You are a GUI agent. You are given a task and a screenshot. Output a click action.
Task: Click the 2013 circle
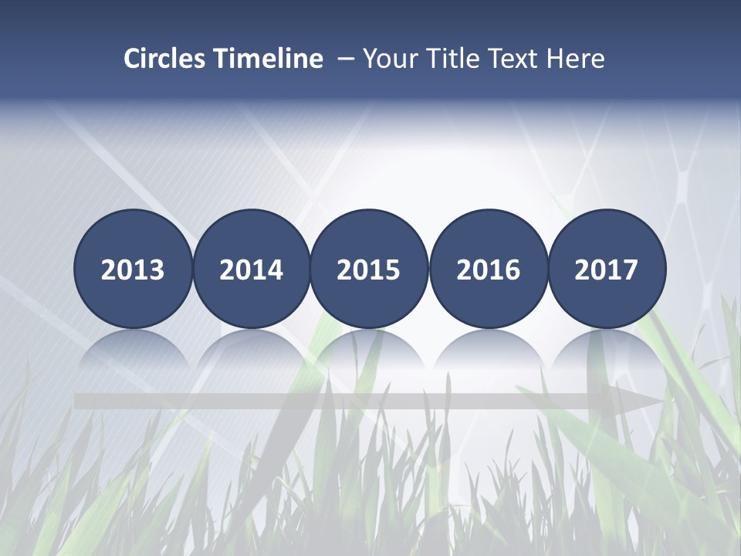point(133,270)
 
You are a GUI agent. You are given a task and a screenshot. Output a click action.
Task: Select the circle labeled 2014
point(252,270)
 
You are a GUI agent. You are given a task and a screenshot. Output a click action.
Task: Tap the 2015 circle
point(369,270)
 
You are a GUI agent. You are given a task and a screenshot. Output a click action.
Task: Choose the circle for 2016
point(489,270)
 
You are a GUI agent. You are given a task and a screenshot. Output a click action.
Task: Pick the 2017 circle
point(607,270)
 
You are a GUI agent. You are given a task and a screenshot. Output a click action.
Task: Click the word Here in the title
point(576,59)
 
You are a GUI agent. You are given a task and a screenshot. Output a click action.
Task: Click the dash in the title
point(345,59)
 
